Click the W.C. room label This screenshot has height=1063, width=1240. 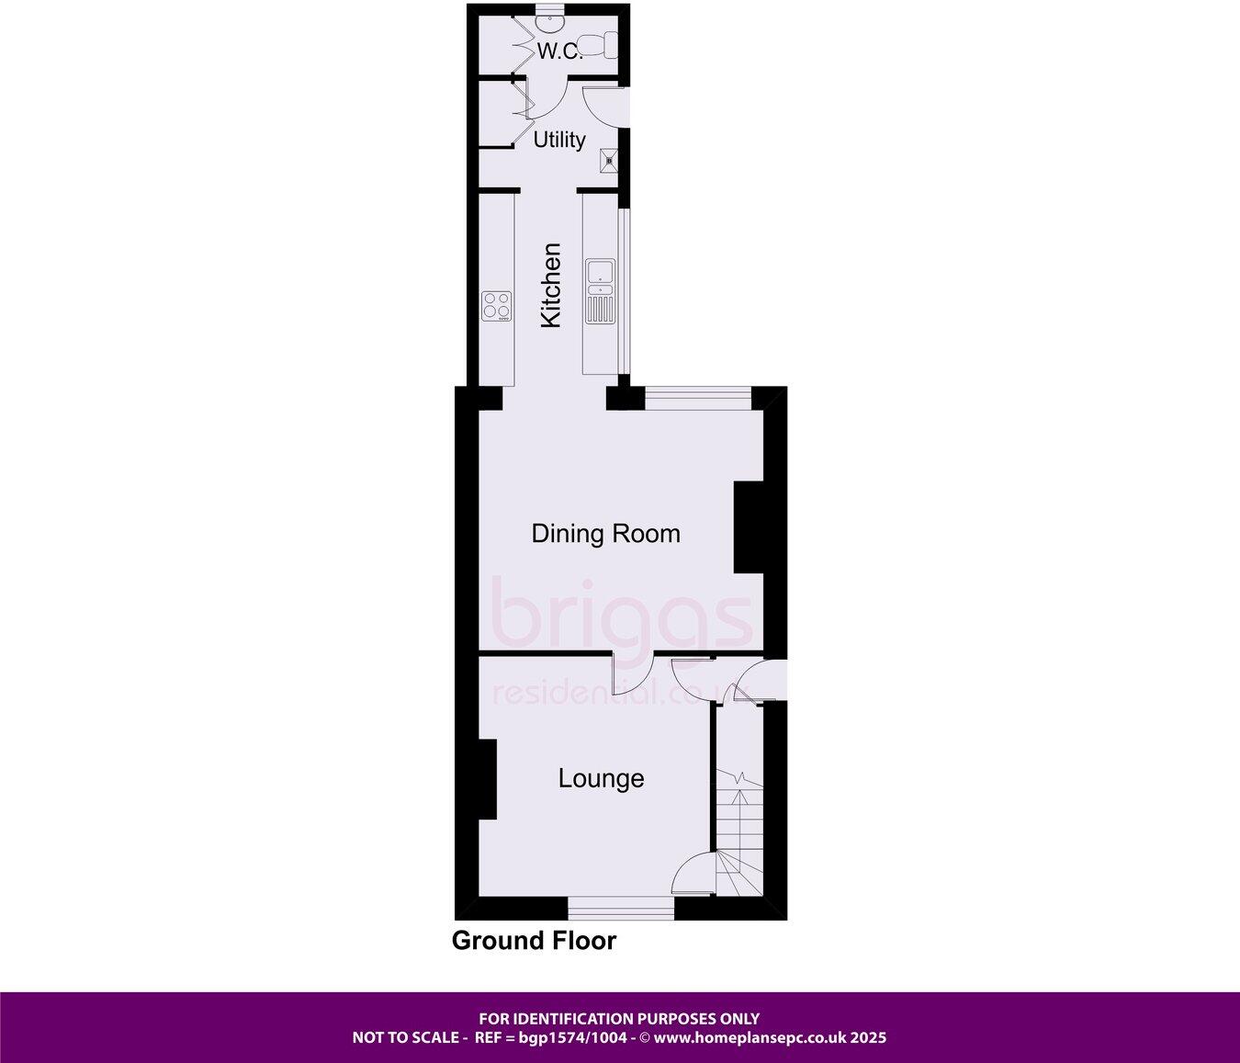(559, 51)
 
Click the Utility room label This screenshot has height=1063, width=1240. (559, 140)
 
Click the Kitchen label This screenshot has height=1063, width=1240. (551, 285)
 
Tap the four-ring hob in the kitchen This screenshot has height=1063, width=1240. (497, 305)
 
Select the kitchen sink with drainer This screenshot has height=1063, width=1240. (600, 291)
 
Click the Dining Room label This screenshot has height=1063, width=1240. (606, 534)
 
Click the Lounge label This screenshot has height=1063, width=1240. (602, 779)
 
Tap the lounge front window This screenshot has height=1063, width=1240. (621, 909)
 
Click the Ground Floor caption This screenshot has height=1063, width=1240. (534, 941)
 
